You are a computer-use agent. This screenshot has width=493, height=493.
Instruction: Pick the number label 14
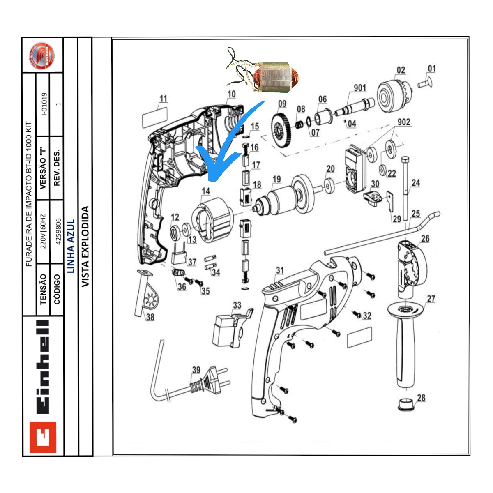click(x=205, y=191)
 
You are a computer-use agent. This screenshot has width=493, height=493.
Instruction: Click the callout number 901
click(x=359, y=88)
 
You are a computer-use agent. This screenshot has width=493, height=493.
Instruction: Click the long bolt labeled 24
click(x=405, y=189)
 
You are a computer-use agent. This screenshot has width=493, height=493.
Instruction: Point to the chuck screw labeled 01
click(x=426, y=83)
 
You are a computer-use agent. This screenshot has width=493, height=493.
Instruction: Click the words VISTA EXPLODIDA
click(x=85, y=246)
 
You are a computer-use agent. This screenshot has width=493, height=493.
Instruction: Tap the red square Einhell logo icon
click(x=43, y=437)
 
